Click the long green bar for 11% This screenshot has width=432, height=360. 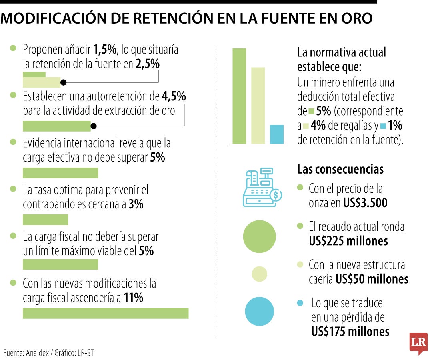click(x=105, y=313)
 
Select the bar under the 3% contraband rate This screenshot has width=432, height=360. click(x=45, y=220)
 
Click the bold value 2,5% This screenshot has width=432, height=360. click(x=148, y=64)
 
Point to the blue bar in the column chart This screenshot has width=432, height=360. click(x=276, y=134)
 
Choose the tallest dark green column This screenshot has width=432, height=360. click(x=239, y=96)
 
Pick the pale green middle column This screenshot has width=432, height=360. click(x=258, y=105)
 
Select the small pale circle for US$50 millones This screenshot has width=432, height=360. click(x=259, y=274)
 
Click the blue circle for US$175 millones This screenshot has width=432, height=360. click(x=259, y=311)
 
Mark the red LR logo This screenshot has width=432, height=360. click(x=418, y=343)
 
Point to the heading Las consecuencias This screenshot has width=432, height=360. click(x=340, y=169)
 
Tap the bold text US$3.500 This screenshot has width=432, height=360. click(x=365, y=203)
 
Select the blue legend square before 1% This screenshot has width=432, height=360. click(x=383, y=126)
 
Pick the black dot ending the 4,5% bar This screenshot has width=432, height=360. click(x=93, y=126)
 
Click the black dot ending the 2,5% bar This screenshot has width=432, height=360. click(x=63, y=82)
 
